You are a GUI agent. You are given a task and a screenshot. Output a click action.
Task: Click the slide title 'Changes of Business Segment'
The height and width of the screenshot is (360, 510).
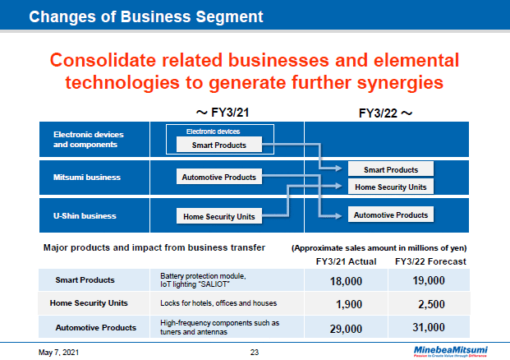[146, 16]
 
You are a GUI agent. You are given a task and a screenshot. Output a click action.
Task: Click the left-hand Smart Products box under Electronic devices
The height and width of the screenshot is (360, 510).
[218, 145]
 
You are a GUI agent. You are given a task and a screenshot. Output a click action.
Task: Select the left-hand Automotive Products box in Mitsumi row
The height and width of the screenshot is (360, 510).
[218, 177]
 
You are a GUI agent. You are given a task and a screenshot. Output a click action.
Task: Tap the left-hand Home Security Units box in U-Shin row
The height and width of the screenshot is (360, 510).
[218, 217]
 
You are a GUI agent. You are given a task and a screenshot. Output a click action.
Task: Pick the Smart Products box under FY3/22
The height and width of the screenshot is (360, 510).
[385, 169]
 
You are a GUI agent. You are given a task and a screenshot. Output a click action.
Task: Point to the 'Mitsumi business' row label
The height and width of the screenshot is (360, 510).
[87, 177]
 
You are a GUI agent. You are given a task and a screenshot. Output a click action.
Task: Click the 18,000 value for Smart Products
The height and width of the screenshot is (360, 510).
[345, 280]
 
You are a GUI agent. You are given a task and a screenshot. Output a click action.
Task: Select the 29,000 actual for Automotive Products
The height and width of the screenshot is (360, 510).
[345, 328]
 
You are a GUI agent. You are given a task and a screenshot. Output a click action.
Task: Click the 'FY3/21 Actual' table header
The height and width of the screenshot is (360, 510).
[346, 261]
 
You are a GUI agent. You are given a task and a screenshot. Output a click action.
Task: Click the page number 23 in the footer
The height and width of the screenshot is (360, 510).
[255, 352]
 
